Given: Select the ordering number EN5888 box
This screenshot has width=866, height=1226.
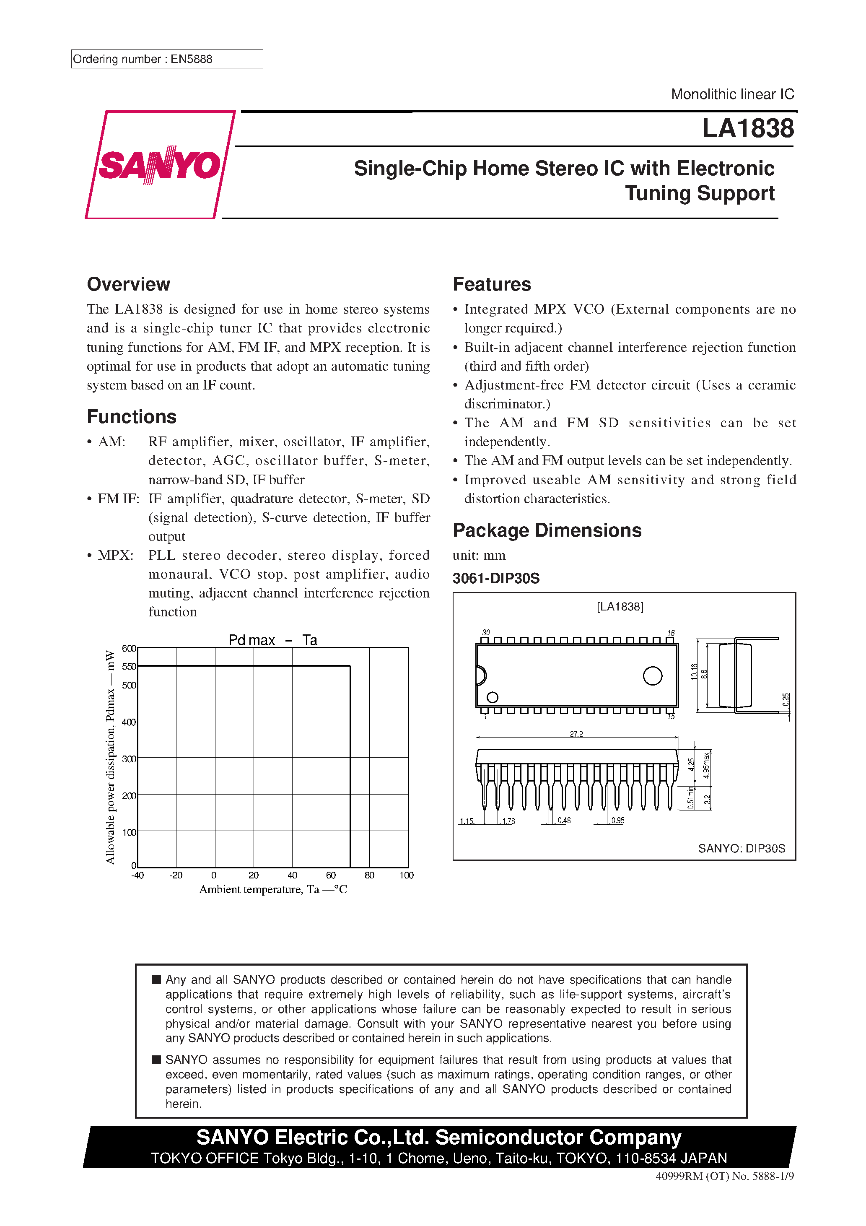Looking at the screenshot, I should coord(166,59).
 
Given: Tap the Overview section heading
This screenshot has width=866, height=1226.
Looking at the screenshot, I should coord(128,284).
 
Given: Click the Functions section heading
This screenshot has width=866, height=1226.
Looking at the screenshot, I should coord(131,416).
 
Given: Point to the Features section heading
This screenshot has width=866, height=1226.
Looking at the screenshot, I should coord(491,284).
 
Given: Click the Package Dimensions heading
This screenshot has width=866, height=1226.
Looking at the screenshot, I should coord(547,530).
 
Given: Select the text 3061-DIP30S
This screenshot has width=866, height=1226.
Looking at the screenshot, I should coord(495,578).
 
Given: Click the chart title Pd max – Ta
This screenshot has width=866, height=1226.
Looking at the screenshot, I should coord(272,640).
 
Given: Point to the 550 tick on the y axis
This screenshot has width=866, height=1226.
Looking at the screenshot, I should coord(129,666).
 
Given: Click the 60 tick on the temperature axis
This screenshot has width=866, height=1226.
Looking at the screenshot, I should coord(330,875).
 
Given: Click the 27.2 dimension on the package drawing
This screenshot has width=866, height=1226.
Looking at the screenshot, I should coord(576,734).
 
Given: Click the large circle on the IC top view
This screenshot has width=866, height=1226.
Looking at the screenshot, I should coord(653,675).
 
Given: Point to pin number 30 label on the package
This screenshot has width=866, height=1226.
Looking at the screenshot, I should coord(485,632).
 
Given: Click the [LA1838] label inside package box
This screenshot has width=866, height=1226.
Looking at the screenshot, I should coord(620,607).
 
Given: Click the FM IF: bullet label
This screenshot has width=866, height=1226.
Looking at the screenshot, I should coord(118,498).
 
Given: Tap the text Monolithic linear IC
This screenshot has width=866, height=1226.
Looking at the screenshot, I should coord(732,94).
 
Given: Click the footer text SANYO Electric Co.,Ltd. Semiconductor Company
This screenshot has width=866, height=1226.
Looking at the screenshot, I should coord(438,1138).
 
